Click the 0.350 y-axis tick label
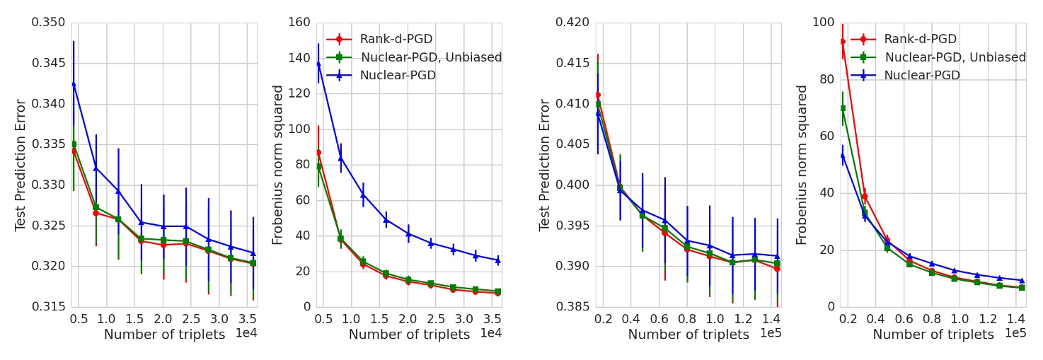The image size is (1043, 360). (x=48, y=23)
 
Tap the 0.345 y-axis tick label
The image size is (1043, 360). (x=48, y=63)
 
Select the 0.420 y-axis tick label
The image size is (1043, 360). (x=572, y=23)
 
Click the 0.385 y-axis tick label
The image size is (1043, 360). (x=572, y=307)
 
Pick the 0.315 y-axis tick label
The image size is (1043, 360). (x=48, y=307)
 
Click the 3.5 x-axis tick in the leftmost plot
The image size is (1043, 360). (x=248, y=319)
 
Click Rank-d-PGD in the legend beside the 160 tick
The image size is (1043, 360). (x=396, y=40)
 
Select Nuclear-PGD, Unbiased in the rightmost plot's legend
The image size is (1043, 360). (x=955, y=57)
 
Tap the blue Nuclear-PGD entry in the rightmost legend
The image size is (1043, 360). (x=921, y=75)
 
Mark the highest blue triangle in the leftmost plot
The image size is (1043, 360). (x=74, y=83)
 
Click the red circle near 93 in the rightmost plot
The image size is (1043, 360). (x=843, y=42)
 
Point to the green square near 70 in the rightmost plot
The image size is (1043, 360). (x=843, y=108)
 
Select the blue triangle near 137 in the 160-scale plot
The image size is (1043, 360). (x=318, y=63)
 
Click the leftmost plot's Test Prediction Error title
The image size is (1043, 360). (x=21, y=165)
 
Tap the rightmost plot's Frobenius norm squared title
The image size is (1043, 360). (x=802, y=165)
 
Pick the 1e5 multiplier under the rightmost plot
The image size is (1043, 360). (x=1015, y=333)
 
